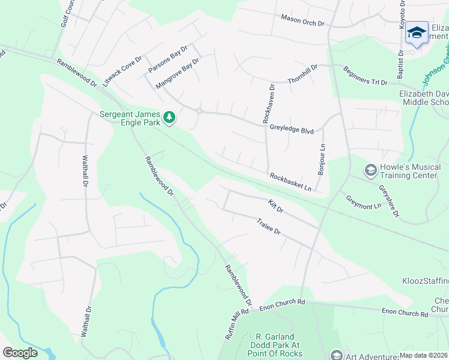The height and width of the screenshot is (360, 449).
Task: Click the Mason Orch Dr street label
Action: coord(302,20)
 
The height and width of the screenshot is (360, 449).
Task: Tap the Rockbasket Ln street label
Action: coord(291,182)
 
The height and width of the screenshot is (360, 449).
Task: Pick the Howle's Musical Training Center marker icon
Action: coord(370,171)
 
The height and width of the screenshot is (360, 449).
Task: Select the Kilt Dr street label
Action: coord(276,206)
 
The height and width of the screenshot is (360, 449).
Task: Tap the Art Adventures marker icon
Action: coord(336,355)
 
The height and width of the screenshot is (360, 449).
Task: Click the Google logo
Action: coord(20,353)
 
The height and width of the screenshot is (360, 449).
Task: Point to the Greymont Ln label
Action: coord(363,202)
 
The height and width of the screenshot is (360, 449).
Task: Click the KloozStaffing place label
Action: coord(426,281)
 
